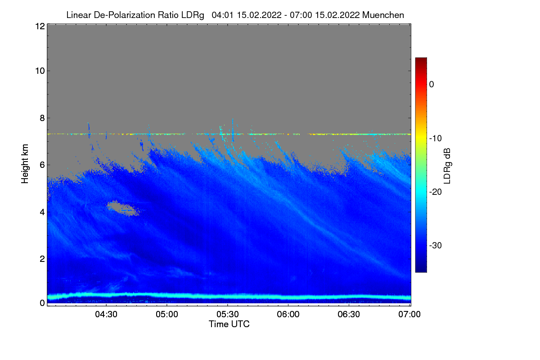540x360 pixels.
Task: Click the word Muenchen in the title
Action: [383, 15]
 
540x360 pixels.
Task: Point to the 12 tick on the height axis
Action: [39, 27]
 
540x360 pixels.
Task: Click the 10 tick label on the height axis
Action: [39, 71]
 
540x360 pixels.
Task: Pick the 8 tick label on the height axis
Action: [41, 118]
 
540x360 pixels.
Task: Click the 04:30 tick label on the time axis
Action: [106, 314]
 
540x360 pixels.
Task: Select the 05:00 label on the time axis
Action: [167, 314]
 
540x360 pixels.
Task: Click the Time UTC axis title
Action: [229, 324]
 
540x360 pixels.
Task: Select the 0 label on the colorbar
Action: [432, 85]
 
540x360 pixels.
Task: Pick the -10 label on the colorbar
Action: [435, 138]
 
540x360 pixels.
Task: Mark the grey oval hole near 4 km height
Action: [121, 207]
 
